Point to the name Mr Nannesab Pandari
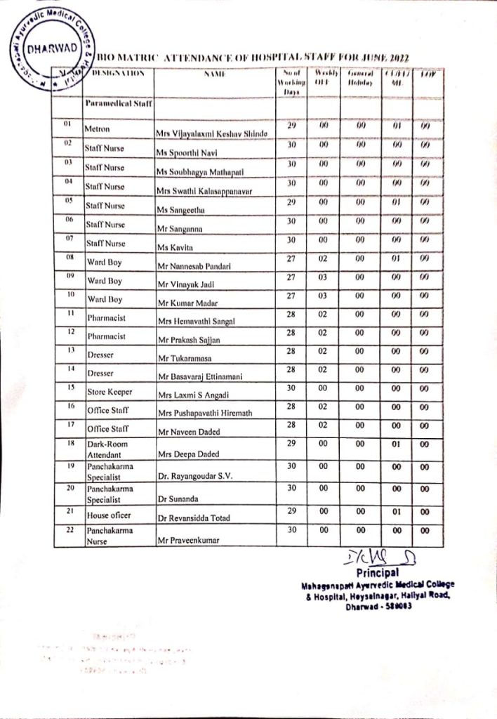pyautogui.click(x=195, y=265)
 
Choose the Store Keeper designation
pyautogui.click(x=110, y=390)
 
